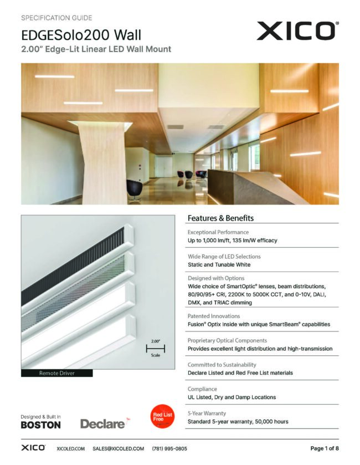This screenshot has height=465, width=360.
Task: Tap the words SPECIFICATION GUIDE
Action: pyautogui.click(x=56, y=18)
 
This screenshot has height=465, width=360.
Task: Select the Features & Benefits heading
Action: pyautogui.click(x=220, y=218)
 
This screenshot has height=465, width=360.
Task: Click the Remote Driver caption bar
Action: pyautogui.click(x=56, y=374)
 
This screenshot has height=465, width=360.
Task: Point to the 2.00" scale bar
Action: pyautogui.click(x=156, y=348)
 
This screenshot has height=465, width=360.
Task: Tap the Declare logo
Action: pyautogui.click(x=102, y=424)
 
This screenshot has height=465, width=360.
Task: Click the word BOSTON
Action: pyautogui.click(x=40, y=425)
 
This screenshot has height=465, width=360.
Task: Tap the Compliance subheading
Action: pyautogui.click(x=202, y=389)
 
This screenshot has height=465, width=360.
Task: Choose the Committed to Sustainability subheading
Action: pyautogui.click(x=222, y=365)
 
